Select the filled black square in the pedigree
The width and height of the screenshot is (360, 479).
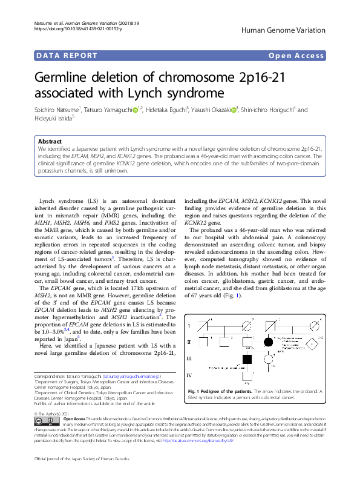(x=247, y=358)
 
